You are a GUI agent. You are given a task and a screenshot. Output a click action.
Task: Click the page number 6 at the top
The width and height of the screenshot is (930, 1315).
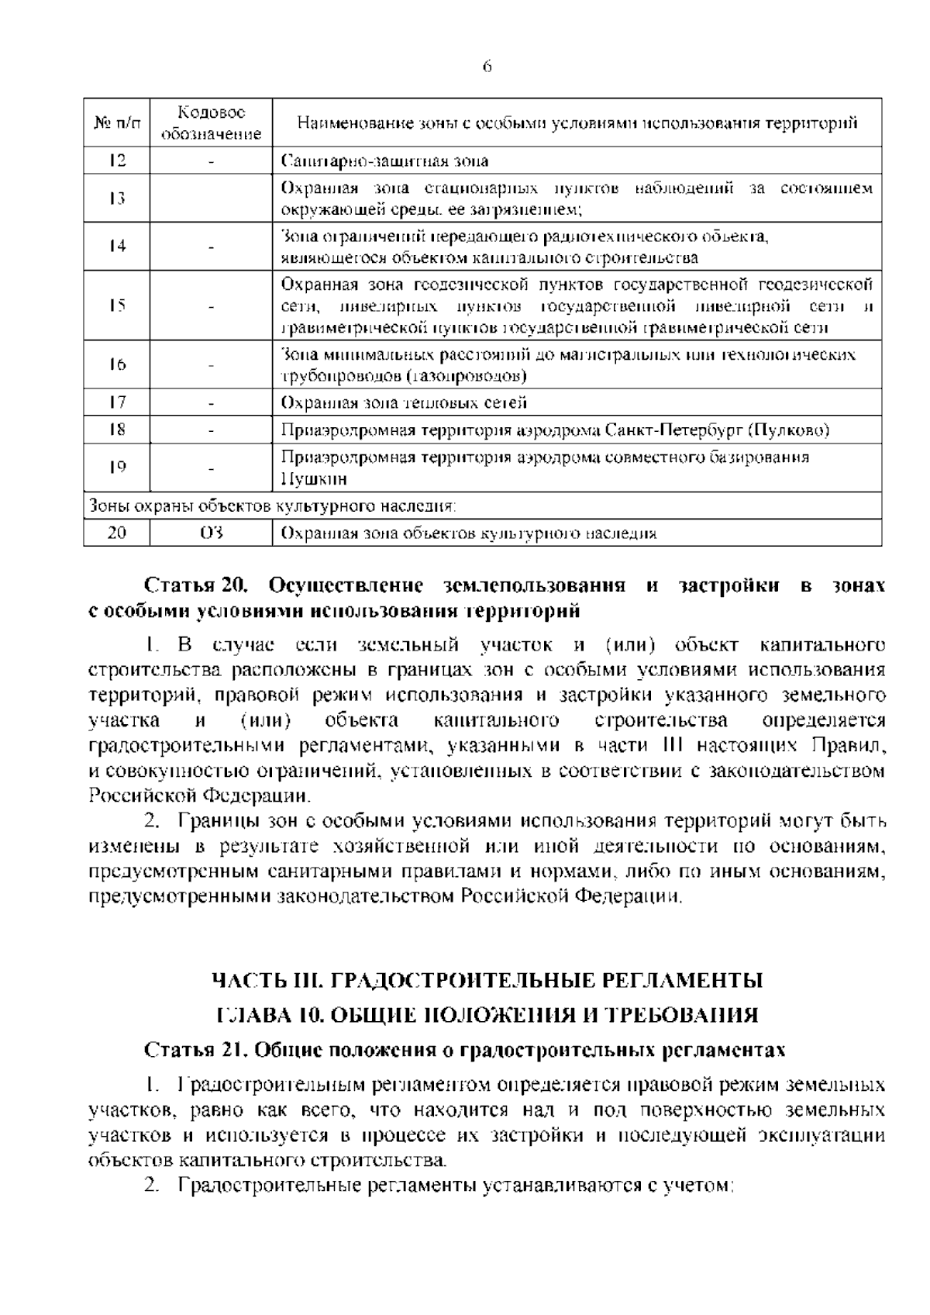(x=487, y=67)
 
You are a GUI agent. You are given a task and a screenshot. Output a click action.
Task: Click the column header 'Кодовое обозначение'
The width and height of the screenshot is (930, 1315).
(x=210, y=123)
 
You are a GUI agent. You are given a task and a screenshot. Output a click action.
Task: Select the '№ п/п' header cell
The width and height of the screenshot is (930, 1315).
(x=117, y=123)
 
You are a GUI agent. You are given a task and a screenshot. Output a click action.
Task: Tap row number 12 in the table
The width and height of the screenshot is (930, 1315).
(x=117, y=161)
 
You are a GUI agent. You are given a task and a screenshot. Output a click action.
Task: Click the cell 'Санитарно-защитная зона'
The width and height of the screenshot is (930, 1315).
(x=384, y=161)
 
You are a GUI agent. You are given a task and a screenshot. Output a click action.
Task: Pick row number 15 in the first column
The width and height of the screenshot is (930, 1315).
(x=117, y=305)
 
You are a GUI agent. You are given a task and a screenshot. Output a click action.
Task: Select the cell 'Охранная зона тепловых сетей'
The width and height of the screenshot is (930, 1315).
(x=404, y=403)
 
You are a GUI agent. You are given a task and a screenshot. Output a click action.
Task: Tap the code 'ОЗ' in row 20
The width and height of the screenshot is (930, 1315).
(x=210, y=533)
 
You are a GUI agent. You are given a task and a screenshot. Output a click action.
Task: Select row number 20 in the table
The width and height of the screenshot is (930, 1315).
(x=117, y=533)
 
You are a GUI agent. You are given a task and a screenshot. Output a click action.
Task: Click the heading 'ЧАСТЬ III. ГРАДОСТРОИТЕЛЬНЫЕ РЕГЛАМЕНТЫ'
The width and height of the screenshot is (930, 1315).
(x=487, y=981)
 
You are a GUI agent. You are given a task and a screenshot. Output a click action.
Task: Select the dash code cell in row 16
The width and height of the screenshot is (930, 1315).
(x=210, y=365)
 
